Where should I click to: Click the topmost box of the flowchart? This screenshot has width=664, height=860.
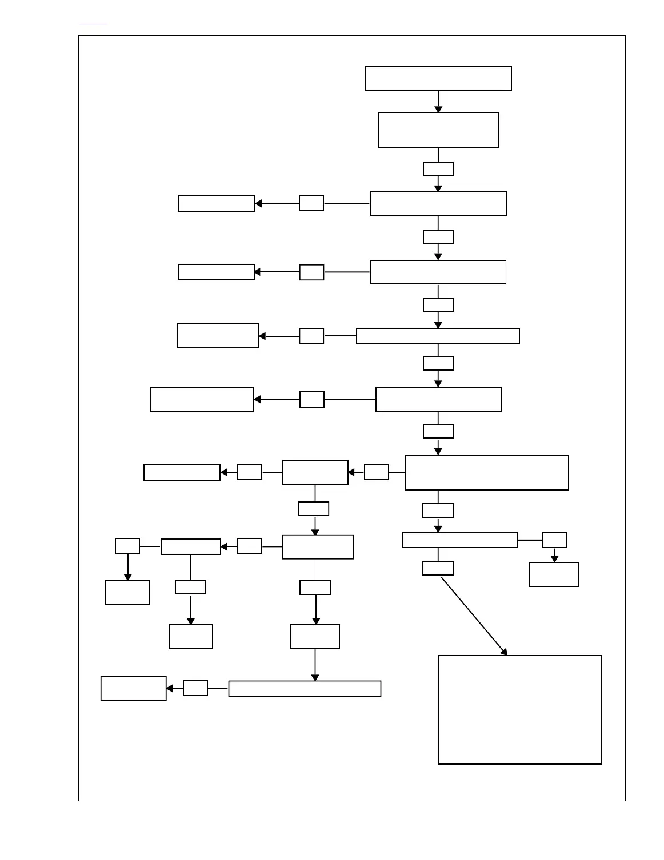(x=438, y=79)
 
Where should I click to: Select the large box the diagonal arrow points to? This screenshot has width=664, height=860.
(x=520, y=709)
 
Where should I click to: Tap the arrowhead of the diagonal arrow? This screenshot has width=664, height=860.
(x=504, y=652)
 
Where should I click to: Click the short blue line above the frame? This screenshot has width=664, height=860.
(x=93, y=23)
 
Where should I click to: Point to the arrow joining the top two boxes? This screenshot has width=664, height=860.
(x=438, y=102)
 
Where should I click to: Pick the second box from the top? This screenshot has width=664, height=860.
(x=438, y=130)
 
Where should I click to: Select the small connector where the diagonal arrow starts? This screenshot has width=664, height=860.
(x=438, y=568)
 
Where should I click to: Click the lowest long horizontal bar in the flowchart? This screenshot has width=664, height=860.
(x=305, y=688)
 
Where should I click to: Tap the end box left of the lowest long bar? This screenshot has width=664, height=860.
(x=133, y=688)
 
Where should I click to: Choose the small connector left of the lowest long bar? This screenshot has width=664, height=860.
(x=195, y=688)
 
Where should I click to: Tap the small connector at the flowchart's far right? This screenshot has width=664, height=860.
(x=554, y=540)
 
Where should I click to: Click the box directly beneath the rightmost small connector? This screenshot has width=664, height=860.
(x=554, y=574)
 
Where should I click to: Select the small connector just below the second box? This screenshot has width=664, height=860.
(x=438, y=169)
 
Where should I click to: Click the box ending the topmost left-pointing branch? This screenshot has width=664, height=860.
(x=216, y=203)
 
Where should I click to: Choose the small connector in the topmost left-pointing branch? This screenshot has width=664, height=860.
(x=311, y=203)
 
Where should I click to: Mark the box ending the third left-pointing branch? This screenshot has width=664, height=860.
(x=218, y=336)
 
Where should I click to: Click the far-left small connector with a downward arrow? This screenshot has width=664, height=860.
(x=127, y=546)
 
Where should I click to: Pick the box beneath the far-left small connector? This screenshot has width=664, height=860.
(x=127, y=592)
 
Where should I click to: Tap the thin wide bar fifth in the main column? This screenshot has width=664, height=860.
(x=438, y=336)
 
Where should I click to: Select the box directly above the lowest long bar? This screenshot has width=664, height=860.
(x=315, y=637)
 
